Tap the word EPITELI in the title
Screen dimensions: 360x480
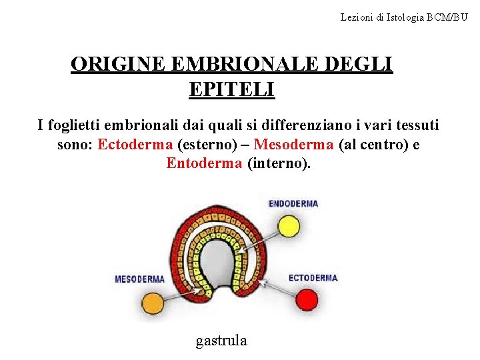231,89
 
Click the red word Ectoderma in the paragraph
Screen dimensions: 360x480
136,145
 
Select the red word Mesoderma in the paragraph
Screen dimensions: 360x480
294,145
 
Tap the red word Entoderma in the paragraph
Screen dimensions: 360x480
204,163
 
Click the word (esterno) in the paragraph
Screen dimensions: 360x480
208,145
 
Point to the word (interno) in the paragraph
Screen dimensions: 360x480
279,163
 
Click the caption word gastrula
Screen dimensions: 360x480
221,341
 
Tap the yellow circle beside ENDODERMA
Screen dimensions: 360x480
289,226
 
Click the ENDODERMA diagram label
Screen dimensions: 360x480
293,204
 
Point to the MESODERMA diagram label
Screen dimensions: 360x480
140,279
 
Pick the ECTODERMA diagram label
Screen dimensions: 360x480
313,278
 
